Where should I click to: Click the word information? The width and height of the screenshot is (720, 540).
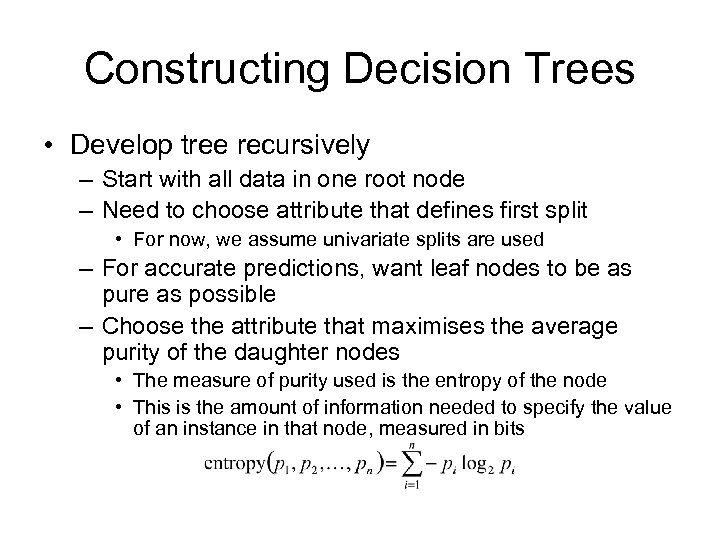[357, 408]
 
